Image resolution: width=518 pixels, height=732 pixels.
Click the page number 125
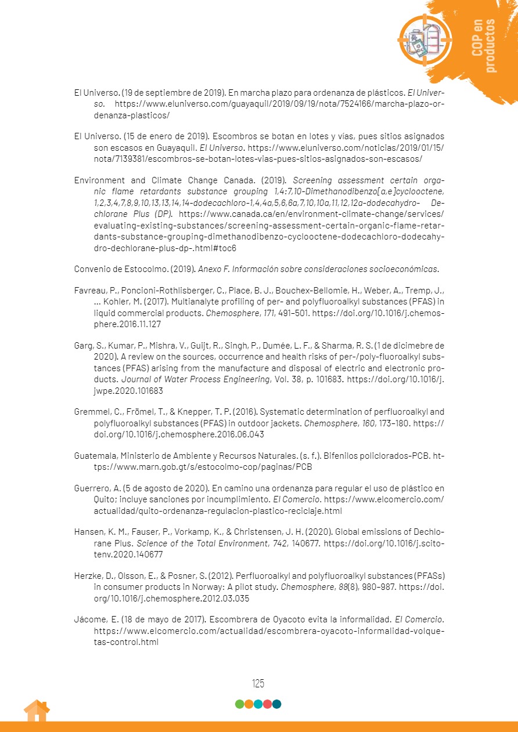tap(258, 683)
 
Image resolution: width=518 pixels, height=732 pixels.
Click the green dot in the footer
tap(239, 704)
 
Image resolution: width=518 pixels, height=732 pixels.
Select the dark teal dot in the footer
tap(276, 704)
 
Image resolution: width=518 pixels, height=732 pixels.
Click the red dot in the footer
tap(267, 704)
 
